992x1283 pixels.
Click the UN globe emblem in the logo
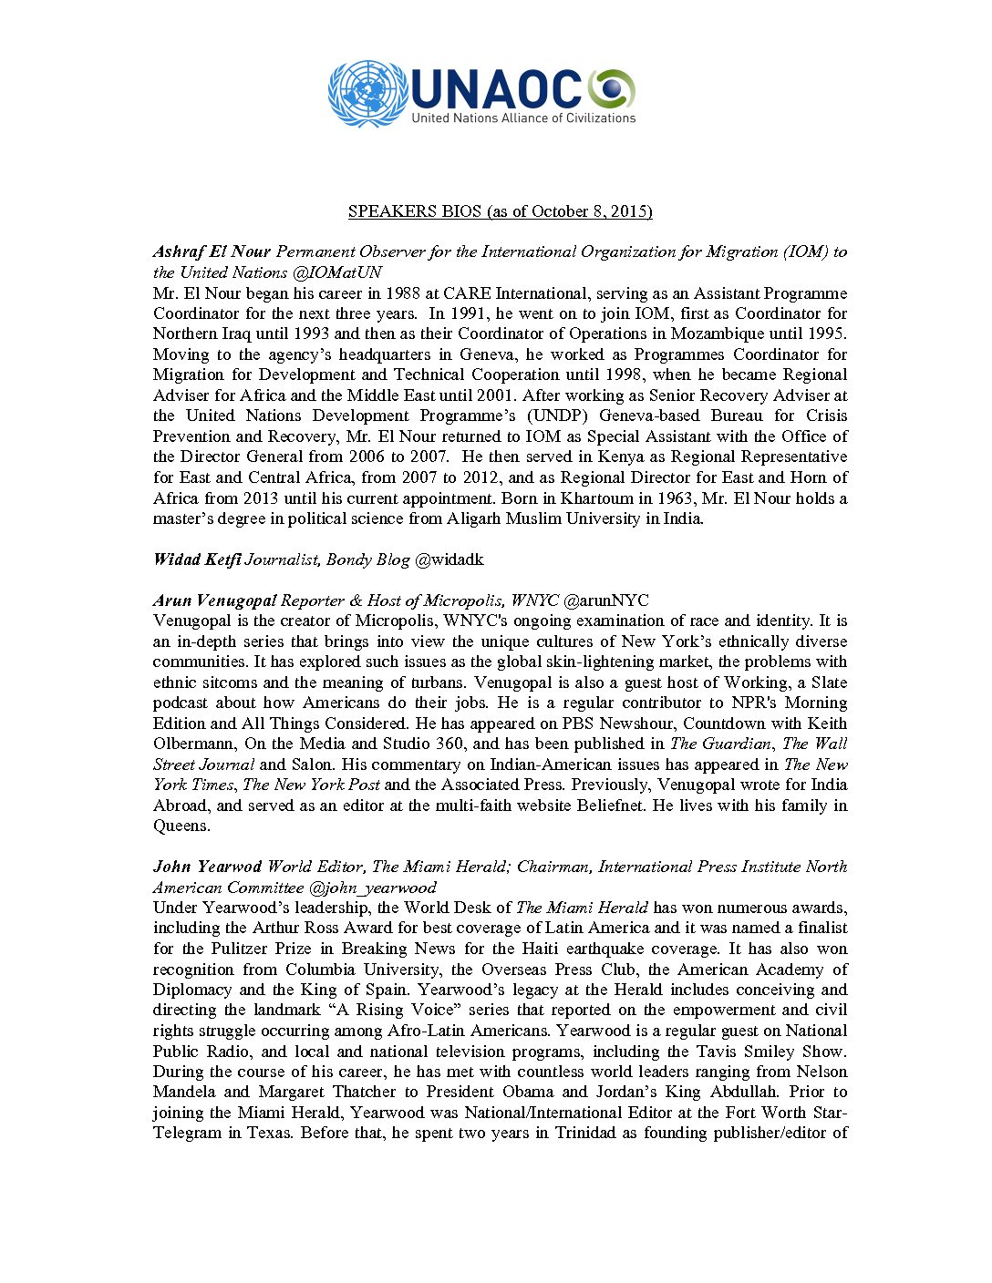click(368, 93)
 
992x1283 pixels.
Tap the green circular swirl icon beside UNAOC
click(611, 88)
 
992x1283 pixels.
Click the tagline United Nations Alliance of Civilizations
click(523, 118)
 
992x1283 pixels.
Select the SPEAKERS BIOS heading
click(500, 211)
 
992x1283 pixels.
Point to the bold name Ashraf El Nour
click(212, 252)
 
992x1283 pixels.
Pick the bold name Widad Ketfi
click(197, 559)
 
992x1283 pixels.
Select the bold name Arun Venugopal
click(214, 600)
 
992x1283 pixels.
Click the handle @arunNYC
click(606, 600)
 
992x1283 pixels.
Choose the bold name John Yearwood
click(207, 867)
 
